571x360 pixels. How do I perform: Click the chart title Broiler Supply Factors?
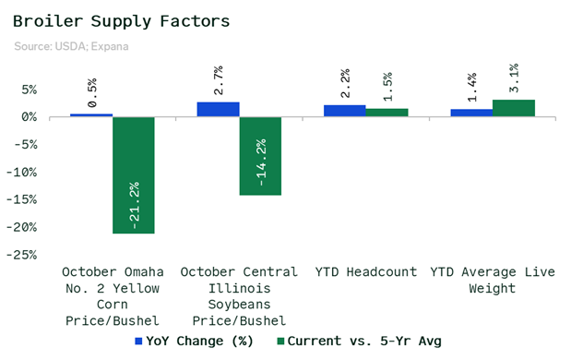121,21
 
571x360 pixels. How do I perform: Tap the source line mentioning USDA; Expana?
71,47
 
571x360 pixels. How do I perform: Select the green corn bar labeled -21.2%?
134,175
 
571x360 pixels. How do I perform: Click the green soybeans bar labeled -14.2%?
260,156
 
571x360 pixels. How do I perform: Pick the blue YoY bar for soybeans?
218,110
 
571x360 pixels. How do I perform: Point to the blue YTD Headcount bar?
345,111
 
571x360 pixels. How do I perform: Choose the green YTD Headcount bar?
387,113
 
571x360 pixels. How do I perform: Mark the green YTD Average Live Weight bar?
514,108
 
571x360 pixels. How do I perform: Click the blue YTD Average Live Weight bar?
471,113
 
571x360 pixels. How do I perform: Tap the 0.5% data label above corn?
92,92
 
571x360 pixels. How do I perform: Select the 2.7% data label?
219,80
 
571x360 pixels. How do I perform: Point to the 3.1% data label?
514,78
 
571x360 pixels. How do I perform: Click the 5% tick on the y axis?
30,90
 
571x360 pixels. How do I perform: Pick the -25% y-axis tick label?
21,255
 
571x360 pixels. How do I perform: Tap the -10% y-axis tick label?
21,172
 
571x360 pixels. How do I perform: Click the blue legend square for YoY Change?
138,342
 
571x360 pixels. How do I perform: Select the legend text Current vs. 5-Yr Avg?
364,341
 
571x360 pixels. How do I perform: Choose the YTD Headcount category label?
366,271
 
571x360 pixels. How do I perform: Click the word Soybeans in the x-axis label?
239,305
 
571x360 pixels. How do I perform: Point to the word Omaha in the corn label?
144,271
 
